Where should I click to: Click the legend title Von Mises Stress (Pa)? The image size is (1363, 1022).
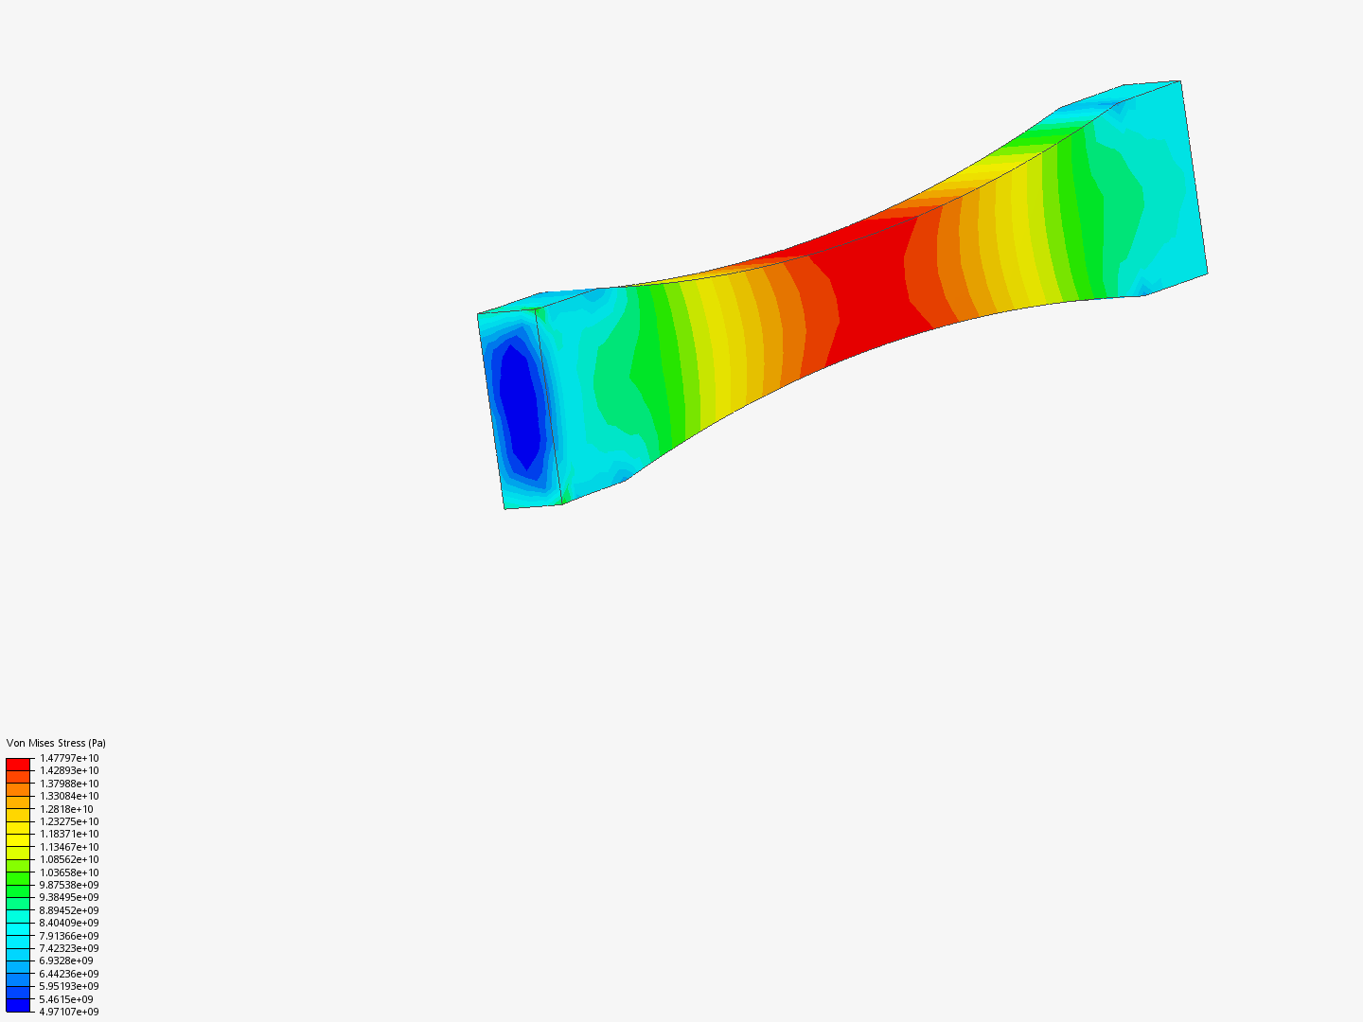[x=56, y=743]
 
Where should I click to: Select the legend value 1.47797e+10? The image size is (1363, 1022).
[x=69, y=758]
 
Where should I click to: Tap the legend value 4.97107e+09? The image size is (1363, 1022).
[x=69, y=1013]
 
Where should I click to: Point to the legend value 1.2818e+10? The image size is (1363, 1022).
[x=66, y=809]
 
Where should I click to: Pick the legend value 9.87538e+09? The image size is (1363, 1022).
[x=69, y=885]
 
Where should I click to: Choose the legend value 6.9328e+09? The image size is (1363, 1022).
[x=66, y=961]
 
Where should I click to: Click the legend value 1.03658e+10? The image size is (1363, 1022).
[x=69, y=872]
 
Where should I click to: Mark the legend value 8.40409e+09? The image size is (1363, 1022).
[x=69, y=924]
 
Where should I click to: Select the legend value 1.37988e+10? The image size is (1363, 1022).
[x=69, y=784]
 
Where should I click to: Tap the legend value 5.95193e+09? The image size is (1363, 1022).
[x=69, y=987]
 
